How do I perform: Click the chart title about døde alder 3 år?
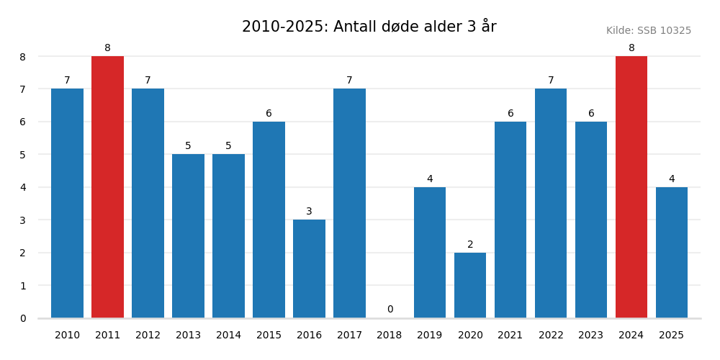369,27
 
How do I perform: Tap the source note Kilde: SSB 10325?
648,31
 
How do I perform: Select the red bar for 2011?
107,187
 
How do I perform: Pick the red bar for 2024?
631,187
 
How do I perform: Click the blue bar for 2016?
309,269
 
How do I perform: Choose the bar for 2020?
470,285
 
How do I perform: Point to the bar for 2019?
430,252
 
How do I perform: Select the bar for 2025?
672,252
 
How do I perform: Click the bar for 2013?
188,236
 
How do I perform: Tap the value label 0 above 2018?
390,310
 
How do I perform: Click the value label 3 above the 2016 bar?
309,212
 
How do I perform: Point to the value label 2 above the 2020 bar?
470,245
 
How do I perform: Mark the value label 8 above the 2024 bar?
631,48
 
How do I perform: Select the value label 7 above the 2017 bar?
349,81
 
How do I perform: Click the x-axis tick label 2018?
390,336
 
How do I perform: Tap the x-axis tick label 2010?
67,336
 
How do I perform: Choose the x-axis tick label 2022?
551,336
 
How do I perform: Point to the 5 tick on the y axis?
22,155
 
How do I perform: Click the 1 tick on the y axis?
22,286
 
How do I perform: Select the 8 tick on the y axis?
22,57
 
